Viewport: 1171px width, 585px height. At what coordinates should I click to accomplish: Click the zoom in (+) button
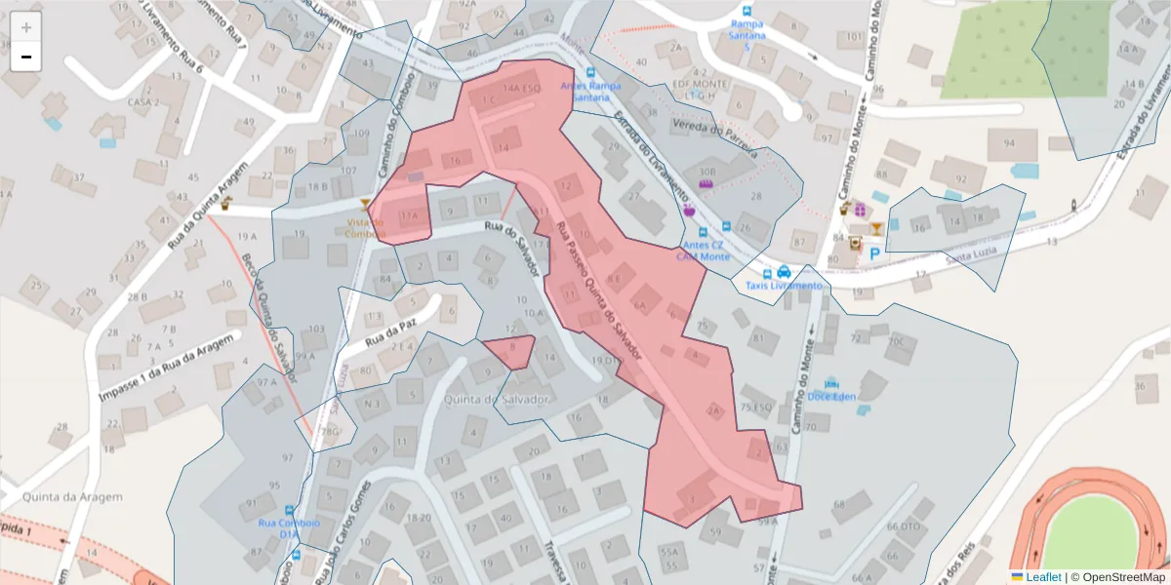point(26,27)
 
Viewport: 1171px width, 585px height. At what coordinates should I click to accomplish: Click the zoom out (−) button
point(26,57)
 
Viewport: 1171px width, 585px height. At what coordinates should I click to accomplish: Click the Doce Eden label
point(831,397)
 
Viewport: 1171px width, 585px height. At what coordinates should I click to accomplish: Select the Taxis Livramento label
point(785,285)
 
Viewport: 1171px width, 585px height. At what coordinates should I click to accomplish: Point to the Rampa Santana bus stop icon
point(747,11)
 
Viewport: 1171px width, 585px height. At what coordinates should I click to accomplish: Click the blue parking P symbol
point(874,253)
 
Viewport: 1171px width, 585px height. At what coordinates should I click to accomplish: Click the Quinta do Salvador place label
point(498,399)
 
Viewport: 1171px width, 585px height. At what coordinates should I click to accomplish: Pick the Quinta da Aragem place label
point(61,497)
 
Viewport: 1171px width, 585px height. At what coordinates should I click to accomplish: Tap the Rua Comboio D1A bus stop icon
point(289,510)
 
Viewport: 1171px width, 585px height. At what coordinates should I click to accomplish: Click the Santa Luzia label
point(972,255)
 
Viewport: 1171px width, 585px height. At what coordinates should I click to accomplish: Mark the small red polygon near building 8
point(509,349)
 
